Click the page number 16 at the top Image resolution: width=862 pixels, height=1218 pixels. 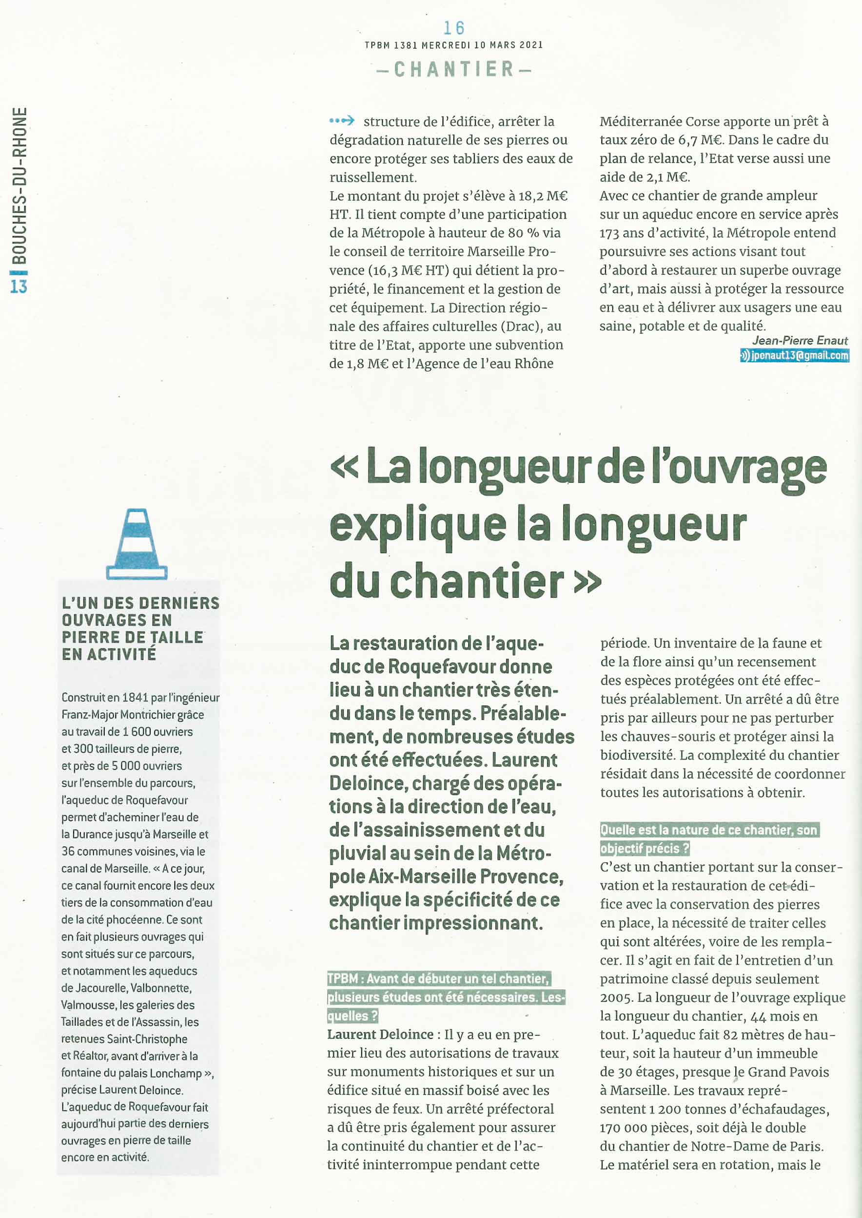[454, 28]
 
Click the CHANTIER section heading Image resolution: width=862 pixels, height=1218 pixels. [454, 69]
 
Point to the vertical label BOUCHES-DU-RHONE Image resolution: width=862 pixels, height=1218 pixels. [19, 186]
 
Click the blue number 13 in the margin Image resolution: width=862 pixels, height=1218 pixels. [19, 286]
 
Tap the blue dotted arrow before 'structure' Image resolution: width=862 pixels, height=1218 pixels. [341, 121]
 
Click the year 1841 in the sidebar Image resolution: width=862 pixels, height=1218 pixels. [136, 698]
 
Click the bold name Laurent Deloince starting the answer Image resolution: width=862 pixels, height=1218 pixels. [380, 1034]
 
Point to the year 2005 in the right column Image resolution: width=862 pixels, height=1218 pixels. [616, 998]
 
